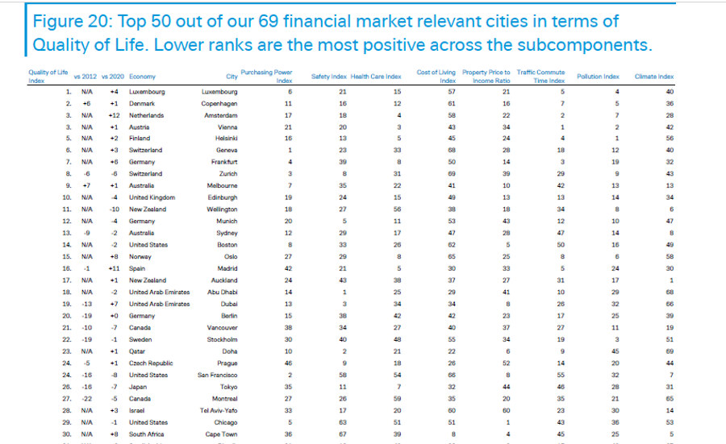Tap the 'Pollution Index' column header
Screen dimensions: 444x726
point(599,77)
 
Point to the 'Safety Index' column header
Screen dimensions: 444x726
point(329,77)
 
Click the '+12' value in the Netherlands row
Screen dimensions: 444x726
point(114,115)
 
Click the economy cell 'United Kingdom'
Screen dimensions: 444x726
point(151,197)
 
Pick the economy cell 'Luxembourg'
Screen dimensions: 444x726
point(147,92)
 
